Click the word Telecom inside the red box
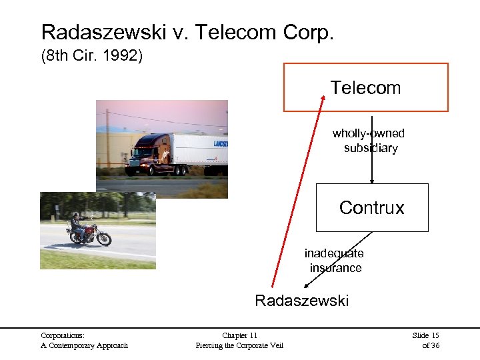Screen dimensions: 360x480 pos(365,88)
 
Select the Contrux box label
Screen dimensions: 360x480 pos(371,208)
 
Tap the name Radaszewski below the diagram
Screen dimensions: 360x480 pos(301,301)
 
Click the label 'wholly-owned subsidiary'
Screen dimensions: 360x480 pos(369,141)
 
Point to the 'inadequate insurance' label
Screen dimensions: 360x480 pos(335,261)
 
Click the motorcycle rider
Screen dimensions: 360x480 pos(77,223)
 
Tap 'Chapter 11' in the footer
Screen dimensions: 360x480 pos(239,335)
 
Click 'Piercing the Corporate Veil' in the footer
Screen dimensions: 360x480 pos(239,345)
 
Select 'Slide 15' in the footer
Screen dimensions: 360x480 pos(425,335)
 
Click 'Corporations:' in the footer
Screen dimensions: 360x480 pos(63,335)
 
